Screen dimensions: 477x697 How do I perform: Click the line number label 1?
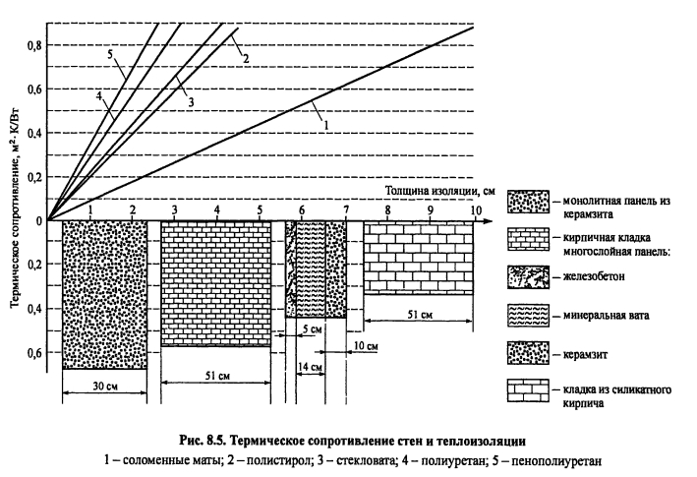pyautogui.click(x=323, y=123)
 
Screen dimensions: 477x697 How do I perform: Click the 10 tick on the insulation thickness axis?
pyautogui.click(x=475, y=209)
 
